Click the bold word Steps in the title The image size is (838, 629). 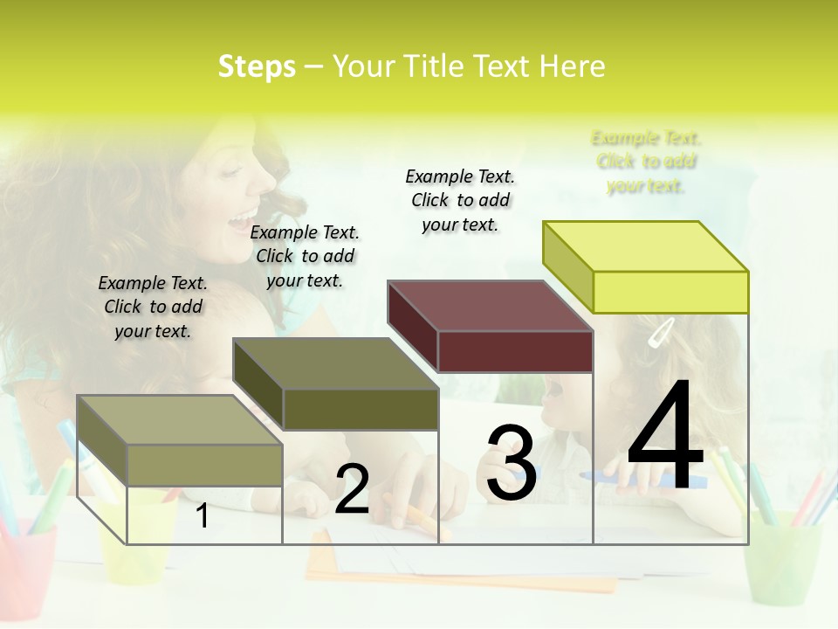[x=257, y=66]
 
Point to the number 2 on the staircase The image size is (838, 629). [x=352, y=489]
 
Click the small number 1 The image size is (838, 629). [x=203, y=515]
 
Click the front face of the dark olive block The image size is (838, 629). [x=361, y=409]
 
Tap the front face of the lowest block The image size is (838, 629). [x=205, y=465]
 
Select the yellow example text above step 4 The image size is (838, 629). [x=646, y=162]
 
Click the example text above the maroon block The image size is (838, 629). [x=460, y=200]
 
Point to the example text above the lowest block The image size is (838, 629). [x=153, y=307]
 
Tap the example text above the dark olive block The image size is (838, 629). [x=305, y=256]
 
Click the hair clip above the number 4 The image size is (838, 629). [x=661, y=332]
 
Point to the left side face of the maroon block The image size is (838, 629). [x=412, y=326]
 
